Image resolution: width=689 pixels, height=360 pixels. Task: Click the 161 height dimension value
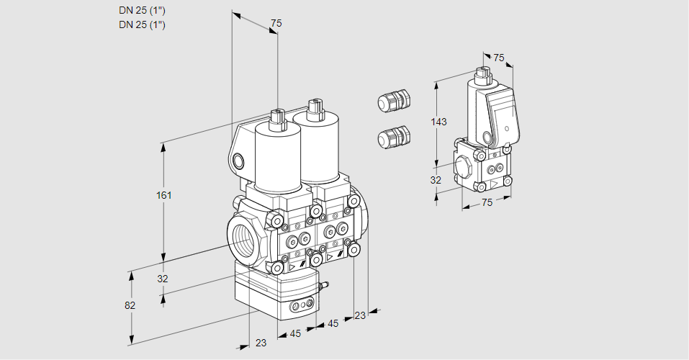164,196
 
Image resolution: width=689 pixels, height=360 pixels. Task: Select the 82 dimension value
130,305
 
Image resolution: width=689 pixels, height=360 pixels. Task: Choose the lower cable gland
394,137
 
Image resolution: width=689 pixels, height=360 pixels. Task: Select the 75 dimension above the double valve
275,24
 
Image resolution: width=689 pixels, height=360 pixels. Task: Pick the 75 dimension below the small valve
487,203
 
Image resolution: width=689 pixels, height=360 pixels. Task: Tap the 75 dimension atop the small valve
498,58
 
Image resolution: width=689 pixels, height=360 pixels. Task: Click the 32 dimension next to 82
163,279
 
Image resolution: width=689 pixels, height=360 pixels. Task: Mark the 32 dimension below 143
436,180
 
